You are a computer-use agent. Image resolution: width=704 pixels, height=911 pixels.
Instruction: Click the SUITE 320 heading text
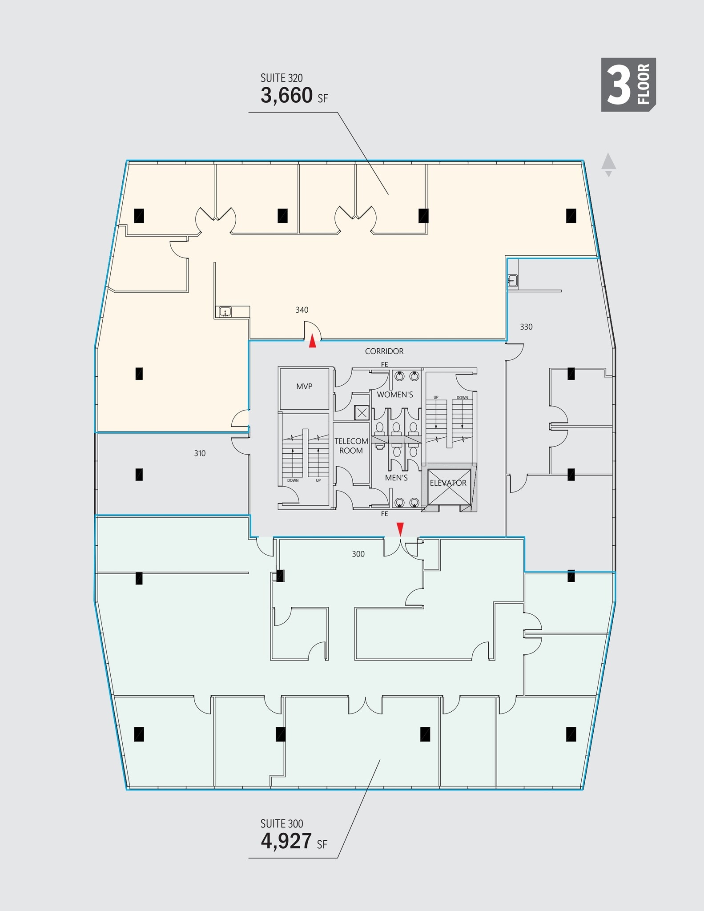coord(282,78)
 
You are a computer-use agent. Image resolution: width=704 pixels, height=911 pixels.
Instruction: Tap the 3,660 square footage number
coord(287,96)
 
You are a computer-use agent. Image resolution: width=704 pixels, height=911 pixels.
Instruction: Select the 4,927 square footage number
coord(286,841)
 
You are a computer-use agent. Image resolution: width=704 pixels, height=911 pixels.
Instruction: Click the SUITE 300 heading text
coord(282,824)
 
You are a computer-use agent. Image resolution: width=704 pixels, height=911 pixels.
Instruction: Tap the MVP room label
coord(304,387)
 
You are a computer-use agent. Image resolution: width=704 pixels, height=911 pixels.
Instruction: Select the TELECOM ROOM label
coord(351,446)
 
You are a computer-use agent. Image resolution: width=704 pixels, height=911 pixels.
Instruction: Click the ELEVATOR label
coord(448,483)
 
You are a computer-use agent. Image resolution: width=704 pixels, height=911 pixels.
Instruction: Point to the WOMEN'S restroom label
coord(395,395)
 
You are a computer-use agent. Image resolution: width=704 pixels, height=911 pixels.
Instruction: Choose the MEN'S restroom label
coord(396,478)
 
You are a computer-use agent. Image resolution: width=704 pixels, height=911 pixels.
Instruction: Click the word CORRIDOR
coord(384,351)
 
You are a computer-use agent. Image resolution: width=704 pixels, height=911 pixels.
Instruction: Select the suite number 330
coord(526,327)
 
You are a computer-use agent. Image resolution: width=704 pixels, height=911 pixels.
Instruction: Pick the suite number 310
coord(200,454)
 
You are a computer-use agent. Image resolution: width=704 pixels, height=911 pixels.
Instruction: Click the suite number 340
coord(302,310)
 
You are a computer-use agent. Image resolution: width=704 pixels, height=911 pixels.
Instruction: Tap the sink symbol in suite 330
coord(512,281)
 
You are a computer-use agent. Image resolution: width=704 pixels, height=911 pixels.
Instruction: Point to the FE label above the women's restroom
coord(384,365)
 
